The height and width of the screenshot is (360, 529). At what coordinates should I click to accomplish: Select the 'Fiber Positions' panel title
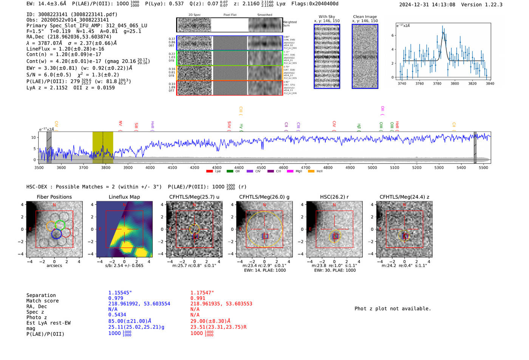coord(54,197)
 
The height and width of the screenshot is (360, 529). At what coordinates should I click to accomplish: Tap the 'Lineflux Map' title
coord(124,197)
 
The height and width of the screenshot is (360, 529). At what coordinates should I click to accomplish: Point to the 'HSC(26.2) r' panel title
coord(334,197)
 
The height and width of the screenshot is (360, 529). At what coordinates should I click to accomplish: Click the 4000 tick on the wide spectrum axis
coord(150,167)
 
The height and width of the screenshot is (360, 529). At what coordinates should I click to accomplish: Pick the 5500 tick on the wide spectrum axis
coord(483,167)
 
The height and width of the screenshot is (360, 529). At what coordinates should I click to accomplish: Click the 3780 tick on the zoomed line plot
coord(437,83)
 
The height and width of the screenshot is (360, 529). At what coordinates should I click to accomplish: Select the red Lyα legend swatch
coord(209,172)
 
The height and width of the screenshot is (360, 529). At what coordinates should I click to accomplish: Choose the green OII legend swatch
coord(230,172)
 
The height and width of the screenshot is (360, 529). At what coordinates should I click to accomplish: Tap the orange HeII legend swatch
coord(311,172)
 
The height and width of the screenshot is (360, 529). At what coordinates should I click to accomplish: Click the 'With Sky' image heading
coord(327,17)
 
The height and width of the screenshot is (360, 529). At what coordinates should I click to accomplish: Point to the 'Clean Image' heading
coord(365,17)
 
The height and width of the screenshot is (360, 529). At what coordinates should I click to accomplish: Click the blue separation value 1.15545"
coord(120,293)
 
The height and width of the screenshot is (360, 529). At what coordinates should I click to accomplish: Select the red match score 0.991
coord(198,298)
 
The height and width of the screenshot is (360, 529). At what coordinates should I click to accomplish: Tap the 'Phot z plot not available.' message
coord(393,309)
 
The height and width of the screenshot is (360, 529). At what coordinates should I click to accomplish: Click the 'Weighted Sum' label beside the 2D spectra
coord(289,24)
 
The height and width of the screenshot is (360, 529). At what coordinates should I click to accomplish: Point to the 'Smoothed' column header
coord(264,15)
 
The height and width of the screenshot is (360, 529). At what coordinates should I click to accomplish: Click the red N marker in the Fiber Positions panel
coord(54,205)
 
